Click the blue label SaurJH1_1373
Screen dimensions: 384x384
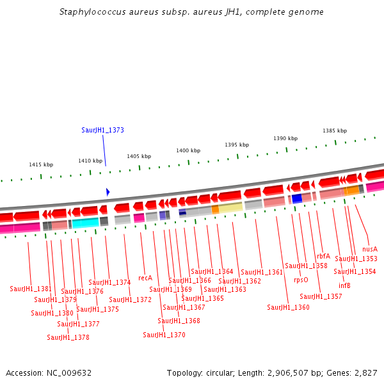click(102, 130)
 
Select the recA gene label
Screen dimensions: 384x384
click(145, 278)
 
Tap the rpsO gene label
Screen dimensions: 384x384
click(301, 280)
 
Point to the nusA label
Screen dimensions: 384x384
click(370, 249)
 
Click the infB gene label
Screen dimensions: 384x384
click(344, 285)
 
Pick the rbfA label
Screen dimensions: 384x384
click(323, 256)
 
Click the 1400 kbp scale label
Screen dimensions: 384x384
click(188, 150)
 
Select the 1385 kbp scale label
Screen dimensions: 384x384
click(334, 131)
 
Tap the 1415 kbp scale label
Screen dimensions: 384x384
click(41, 164)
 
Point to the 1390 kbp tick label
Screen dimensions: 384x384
click(285, 138)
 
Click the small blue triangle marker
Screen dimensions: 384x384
click(108, 192)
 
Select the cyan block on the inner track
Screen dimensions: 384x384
click(85, 223)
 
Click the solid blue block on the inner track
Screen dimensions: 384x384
click(297, 198)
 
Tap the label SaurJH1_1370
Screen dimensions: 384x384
click(164, 335)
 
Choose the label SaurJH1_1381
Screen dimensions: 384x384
click(31, 289)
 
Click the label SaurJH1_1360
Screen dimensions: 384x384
click(288, 307)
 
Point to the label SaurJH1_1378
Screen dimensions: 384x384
click(68, 337)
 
